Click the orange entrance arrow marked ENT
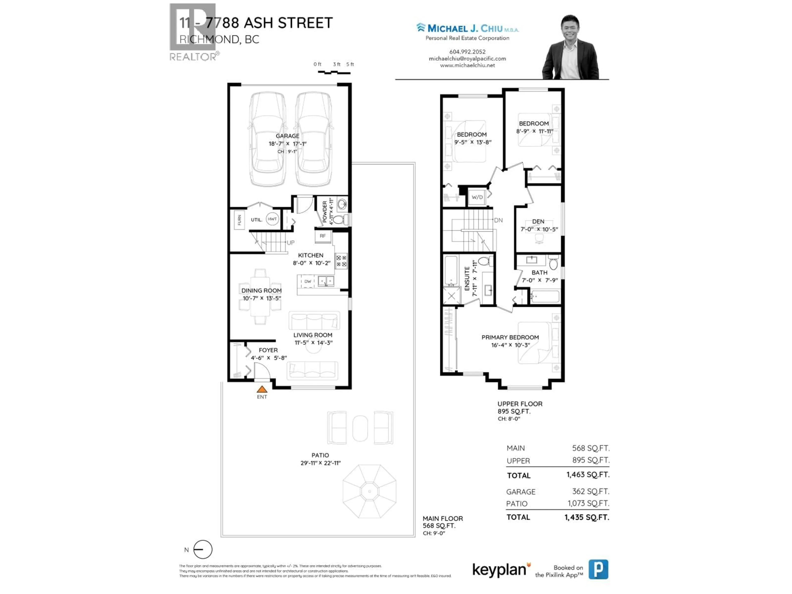click(262, 389)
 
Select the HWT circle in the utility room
click(272, 219)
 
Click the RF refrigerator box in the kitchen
click(323, 236)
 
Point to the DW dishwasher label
click(308, 281)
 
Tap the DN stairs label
click(498, 220)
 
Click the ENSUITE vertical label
click(467, 279)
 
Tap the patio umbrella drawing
click(370, 491)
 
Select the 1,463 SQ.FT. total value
click(588, 475)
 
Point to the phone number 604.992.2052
click(467, 52)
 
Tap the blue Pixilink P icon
click(598, 569)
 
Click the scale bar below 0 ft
click(334, 73)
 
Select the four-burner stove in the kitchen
click(341, 261)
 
